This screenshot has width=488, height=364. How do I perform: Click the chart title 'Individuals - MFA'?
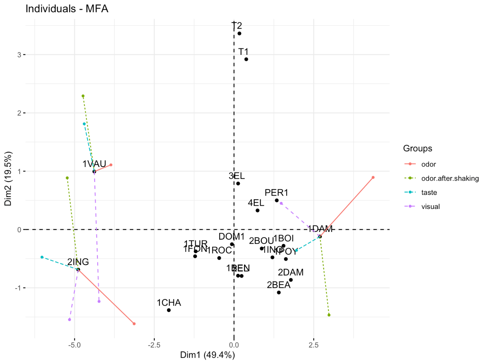pos(67,8)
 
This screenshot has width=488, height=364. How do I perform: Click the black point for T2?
pos(239,34)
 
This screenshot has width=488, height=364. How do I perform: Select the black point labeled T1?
pos(246,59)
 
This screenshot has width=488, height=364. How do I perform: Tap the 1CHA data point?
pos(169,310)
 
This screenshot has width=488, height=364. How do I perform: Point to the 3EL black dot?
pos(238,184)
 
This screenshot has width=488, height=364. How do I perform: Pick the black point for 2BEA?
pos(279,293)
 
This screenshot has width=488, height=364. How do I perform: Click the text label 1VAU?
pos(94,164)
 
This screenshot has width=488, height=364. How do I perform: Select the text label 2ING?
pos(78,262)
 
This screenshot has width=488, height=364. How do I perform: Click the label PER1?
pos(276,192)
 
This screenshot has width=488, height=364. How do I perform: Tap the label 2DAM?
pos(291,272)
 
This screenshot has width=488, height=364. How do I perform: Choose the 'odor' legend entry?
pos(428,164)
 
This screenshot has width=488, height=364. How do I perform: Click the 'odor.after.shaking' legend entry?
pos(450,179)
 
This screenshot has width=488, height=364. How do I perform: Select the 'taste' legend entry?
pos(429,192)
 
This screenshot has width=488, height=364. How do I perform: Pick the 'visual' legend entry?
pos(430,206)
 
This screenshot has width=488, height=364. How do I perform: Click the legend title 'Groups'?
pos(418,148)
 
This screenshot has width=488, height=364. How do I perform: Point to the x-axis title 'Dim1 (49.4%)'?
pos(207,355)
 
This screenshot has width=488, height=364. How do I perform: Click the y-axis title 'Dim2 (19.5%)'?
pos(8,179)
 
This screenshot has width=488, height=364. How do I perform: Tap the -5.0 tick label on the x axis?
pos(74,345)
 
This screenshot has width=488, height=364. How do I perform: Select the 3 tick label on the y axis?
pos(20,55)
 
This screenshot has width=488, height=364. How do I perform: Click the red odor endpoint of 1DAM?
pos(373,177)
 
